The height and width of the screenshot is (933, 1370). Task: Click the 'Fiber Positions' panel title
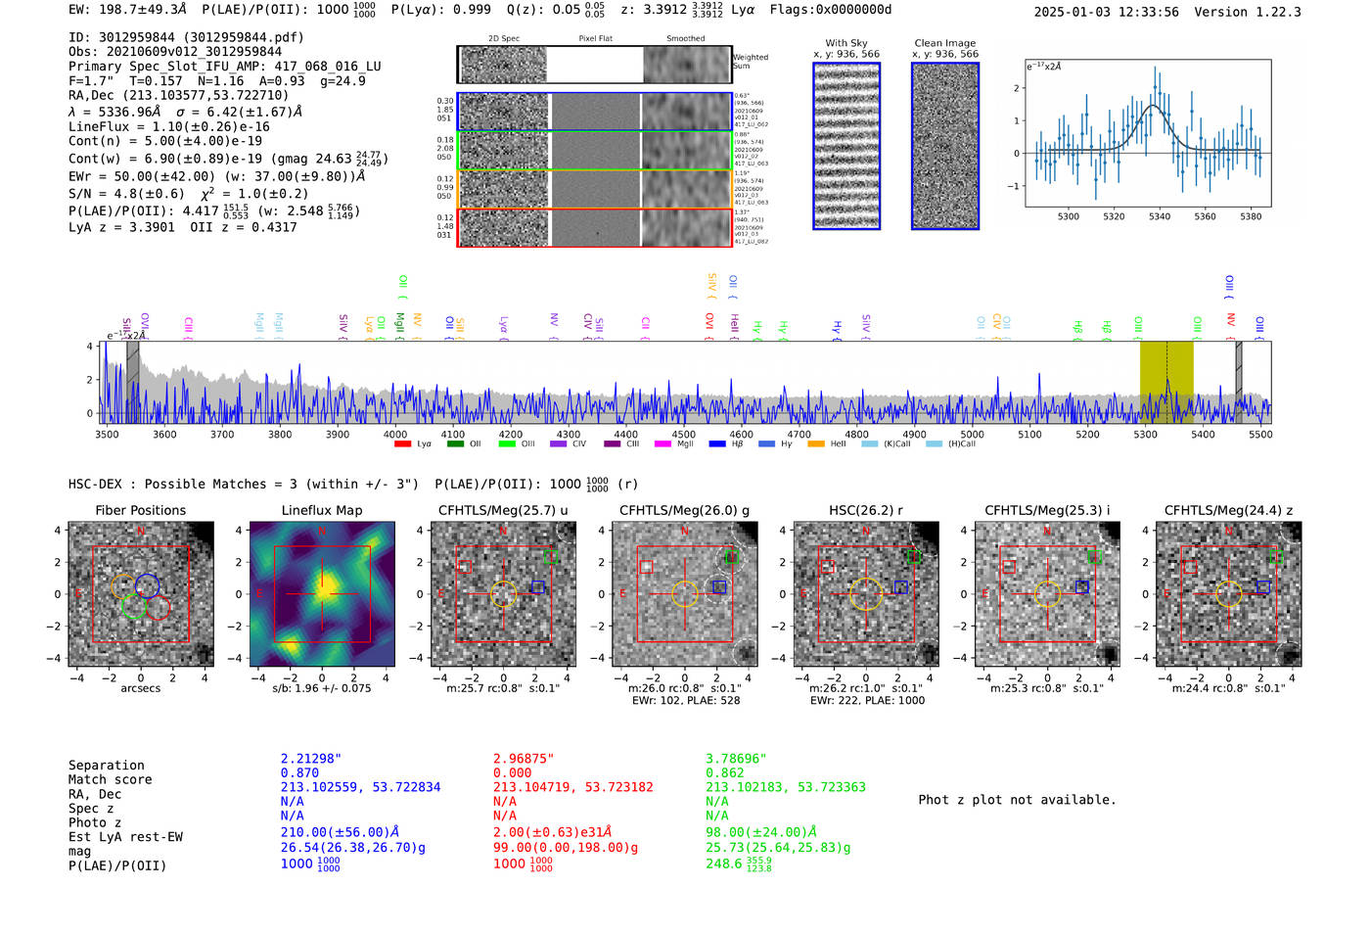[140, 510]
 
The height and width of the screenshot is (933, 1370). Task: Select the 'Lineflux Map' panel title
[322, 510]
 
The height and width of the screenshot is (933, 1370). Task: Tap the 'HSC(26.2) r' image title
[865, 510]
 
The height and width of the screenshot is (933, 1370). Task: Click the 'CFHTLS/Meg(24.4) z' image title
[1228, 510]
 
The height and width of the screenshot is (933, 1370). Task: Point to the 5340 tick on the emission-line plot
[1160, 216]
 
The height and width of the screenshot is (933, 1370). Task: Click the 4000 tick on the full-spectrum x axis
[395, 434]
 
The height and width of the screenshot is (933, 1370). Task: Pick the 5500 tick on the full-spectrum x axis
[1260, 434]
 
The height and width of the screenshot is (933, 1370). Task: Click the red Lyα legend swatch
[402, 444]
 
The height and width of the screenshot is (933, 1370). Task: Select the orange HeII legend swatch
[815, 444]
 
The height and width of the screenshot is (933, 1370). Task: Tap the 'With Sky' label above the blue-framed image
[845, 43]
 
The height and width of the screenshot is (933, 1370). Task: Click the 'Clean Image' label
[944, 43]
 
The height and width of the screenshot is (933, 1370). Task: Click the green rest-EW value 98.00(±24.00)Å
[760, 832]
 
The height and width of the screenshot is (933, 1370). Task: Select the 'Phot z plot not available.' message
[1017, 800]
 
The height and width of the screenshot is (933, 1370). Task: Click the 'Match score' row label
[110, 779]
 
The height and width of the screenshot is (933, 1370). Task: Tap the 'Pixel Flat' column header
[595, 39]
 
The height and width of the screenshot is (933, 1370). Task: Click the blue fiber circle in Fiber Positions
[147, 585]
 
